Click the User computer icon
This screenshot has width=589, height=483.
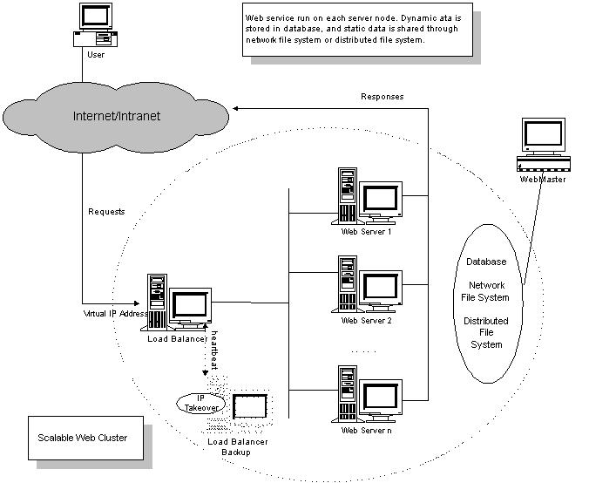(x=95, y=25)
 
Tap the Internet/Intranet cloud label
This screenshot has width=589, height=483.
(x=118, y=116)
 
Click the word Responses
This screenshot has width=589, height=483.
(x=382, y=97)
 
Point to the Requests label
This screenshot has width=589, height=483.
(x=107, y=212)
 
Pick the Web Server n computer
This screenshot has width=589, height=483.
(x=369, y=395)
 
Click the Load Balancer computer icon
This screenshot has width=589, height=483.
(x=179, y=302)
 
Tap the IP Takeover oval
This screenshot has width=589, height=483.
(x=200, y=402)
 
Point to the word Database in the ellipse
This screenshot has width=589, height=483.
(x=486, y=261)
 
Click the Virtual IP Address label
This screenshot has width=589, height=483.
(x=112, y=312)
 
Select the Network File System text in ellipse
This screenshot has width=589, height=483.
(x=489, y=291)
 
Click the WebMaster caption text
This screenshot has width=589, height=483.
(x=542, y=179)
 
